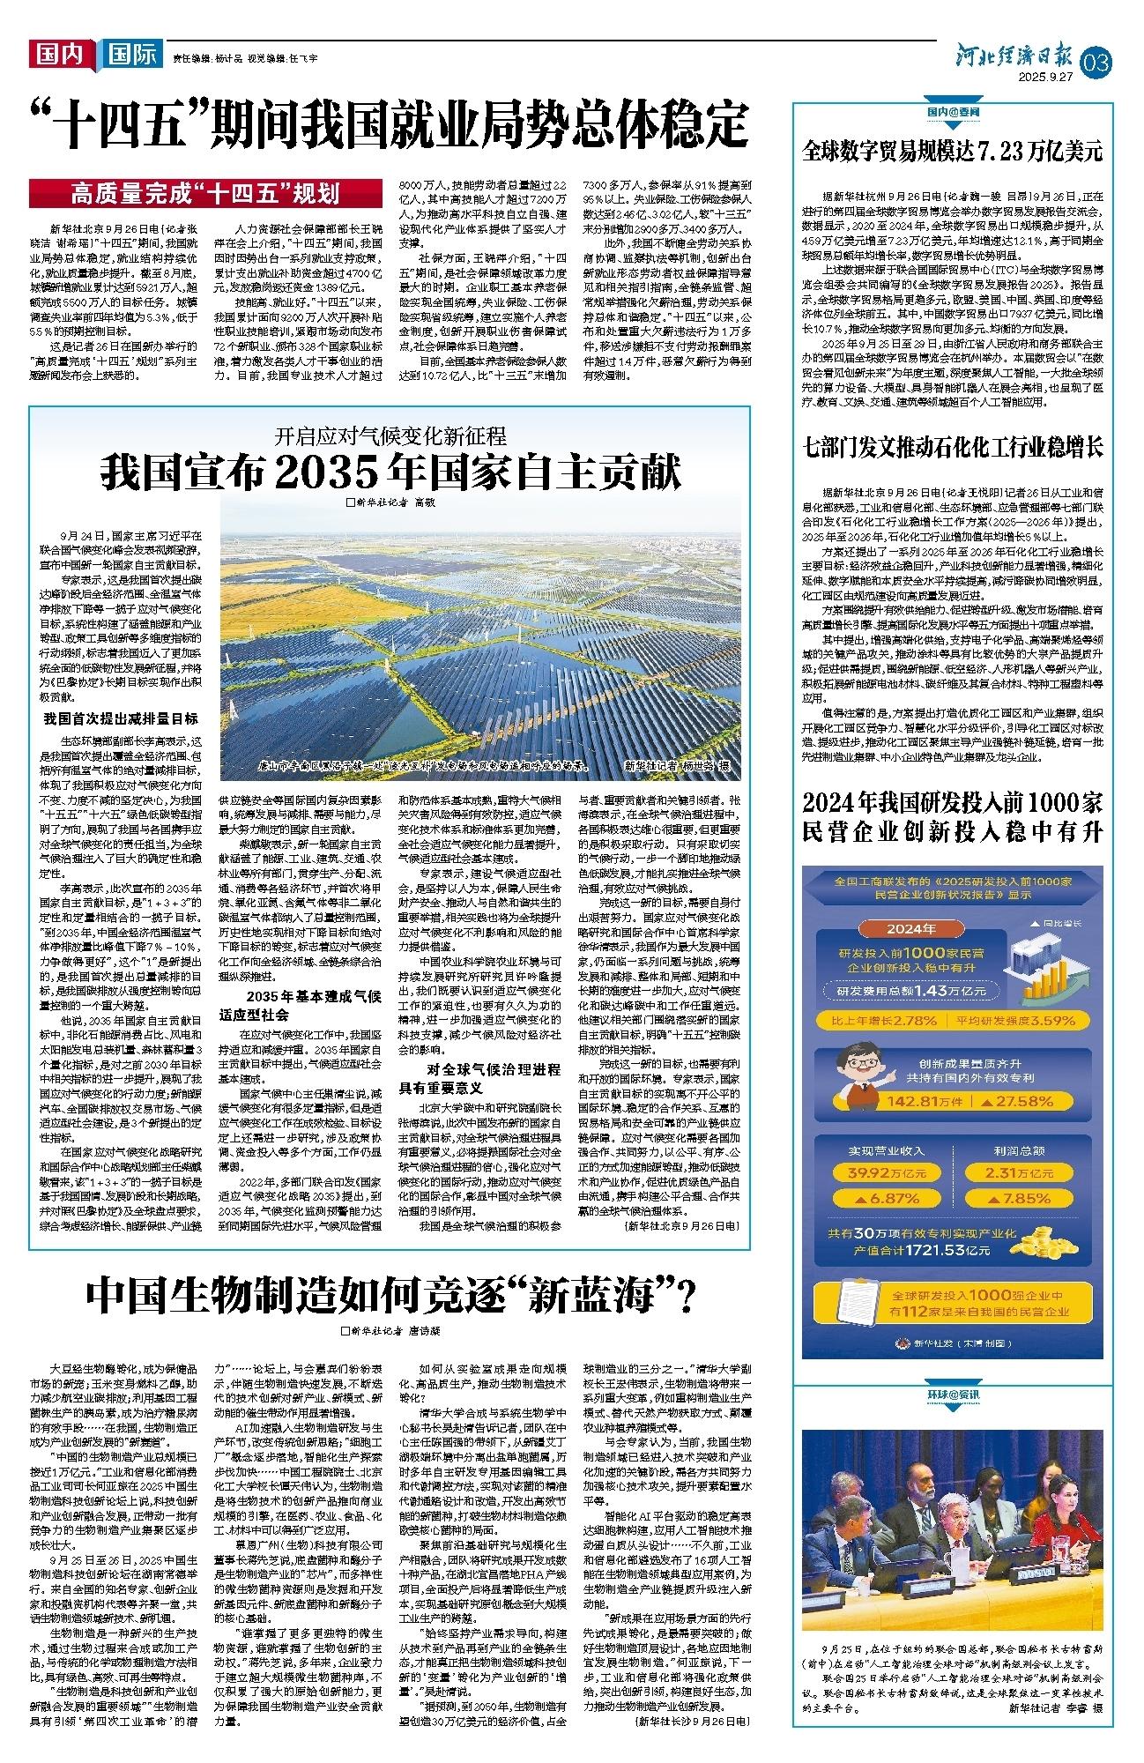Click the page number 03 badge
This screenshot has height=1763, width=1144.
pyautogui.click(x=1102, y=63)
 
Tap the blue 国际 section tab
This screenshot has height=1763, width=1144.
pyautogui.click(x=131, y=56)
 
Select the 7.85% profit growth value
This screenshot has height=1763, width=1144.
pyautogui.click(x=1021, y=1199)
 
